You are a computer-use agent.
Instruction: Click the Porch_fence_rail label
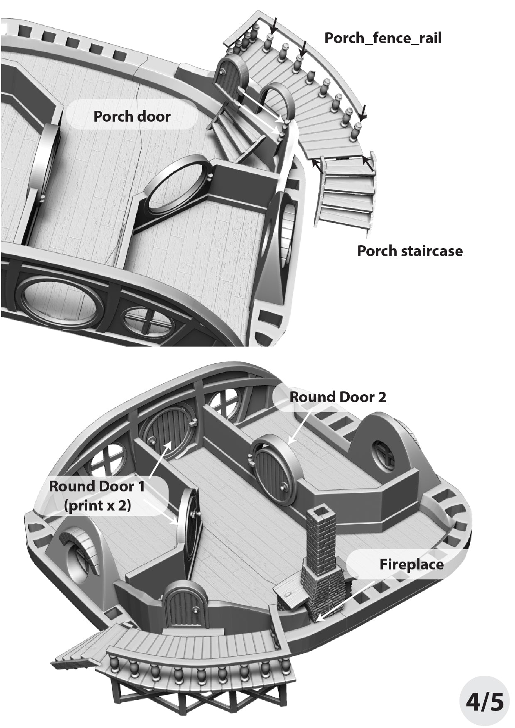383,38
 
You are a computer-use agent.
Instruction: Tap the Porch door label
132,116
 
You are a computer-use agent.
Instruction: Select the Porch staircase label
410,251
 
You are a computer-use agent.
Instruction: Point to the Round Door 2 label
338,397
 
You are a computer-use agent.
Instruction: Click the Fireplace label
411,564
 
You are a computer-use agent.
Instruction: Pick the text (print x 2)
97,506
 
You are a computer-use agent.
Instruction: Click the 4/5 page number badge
485,701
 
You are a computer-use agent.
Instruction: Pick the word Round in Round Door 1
69,486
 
